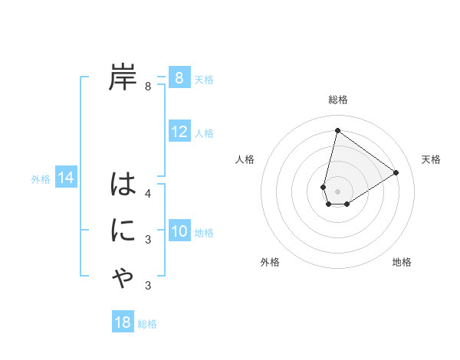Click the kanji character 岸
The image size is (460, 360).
[123, 77]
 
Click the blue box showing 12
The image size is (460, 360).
[179, 132]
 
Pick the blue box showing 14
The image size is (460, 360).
[66, 178]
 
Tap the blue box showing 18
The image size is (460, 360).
[123, 322]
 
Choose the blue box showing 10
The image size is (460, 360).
[179, 231]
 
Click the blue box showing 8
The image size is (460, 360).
[179, 77]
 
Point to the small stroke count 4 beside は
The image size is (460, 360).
[148, 194]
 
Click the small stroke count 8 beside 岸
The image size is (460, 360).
[148, 87]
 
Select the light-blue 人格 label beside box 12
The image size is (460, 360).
[204, 133]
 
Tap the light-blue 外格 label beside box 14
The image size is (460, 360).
[41, 179]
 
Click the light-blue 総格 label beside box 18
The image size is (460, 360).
[147, 324]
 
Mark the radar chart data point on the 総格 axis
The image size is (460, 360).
[337, 129]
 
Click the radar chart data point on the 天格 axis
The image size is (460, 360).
[396, 172]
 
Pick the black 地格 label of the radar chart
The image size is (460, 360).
[402, 262]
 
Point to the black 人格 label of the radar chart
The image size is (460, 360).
[245, 159]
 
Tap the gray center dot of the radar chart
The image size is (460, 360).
[337, 191]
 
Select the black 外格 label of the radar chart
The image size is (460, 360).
[270, 262]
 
